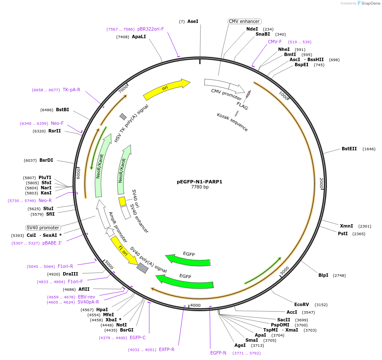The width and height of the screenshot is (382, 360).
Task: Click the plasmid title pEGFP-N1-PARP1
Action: (x=199, y=182)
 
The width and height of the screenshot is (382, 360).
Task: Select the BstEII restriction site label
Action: (x=349, y=149)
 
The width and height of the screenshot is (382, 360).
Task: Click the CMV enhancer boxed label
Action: (x=244, y=21)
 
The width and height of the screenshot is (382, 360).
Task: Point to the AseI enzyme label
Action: (x=192, y=21)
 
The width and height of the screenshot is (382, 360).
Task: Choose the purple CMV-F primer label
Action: (x=274, y=42)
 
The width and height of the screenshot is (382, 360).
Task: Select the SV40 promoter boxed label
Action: (x=43, y=228)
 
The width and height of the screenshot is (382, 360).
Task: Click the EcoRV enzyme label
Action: (x=301, y=304)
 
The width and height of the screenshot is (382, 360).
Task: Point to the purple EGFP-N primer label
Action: (x=218, y=353)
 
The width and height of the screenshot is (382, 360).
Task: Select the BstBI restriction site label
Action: (x=62, y=110)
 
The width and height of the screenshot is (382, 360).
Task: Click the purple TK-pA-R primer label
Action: (x=71, y=90)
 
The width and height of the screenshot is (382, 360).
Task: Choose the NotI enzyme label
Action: (x=121, y=325)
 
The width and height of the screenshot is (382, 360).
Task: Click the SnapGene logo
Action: (x=368, y=3)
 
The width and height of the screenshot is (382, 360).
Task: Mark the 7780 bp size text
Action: (x=200, y=187)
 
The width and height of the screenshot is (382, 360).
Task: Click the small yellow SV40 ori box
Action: (x=122, y=201)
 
